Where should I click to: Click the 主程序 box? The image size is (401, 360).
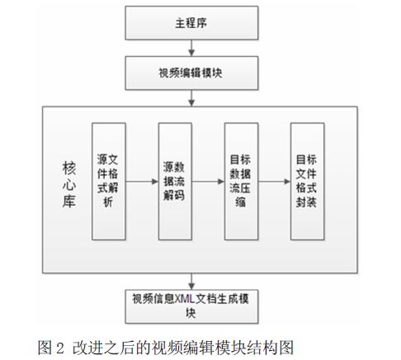[191, 23]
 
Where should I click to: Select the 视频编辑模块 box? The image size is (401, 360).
[191, 73]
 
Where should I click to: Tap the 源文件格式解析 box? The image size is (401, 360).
[109, 182]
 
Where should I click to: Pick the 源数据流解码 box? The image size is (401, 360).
[175, 182]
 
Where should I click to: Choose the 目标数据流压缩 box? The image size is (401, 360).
[241, 182]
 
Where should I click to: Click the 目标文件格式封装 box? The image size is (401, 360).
[308, 182]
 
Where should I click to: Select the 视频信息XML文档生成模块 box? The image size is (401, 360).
[191, 306]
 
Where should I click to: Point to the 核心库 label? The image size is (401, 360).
[69, 184]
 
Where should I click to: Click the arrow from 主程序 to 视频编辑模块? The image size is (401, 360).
[191, 48]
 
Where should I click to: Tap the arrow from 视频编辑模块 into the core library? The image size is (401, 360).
[191, 98]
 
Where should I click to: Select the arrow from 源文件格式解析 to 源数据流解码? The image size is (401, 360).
[142, 182]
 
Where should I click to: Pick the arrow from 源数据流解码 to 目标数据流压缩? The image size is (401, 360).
[208, 182]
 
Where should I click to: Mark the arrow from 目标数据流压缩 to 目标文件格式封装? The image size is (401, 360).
[275, 182]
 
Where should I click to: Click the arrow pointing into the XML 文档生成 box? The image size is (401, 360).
[191, 282]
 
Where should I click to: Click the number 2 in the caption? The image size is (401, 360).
[60, 348]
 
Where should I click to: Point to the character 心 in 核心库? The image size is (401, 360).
[69, 184]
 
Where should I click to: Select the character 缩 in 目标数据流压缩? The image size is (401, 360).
[241, 202]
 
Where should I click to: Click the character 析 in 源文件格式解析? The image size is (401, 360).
[108, 202]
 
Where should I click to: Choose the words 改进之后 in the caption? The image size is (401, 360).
[103, 348]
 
